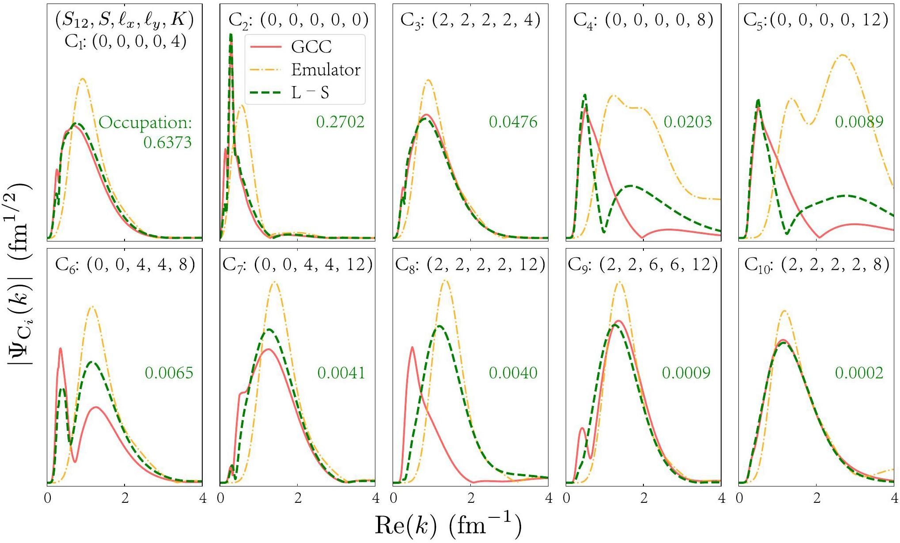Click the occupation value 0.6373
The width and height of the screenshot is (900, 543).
[167, 143]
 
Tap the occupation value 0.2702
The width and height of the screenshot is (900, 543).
[340, 122]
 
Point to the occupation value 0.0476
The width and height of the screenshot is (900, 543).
[513, 122]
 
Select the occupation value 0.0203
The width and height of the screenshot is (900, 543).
[688, 122]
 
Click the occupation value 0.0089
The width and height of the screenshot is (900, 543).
[859, 122]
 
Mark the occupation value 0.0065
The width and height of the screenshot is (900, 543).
[169, 373]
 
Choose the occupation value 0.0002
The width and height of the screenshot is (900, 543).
[859, 373]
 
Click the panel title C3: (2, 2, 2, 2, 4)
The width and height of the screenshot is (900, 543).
[470, 20]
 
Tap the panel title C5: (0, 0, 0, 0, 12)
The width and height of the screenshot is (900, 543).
[816, 20]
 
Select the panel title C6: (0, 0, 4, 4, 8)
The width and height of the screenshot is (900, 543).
[125, 264]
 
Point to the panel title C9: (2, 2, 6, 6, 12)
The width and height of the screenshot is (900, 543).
[643, 264]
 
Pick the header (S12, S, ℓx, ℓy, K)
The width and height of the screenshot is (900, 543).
[125, 20]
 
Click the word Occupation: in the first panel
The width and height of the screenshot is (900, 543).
[145, 123]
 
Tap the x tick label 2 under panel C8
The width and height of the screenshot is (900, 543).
[471, 498]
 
